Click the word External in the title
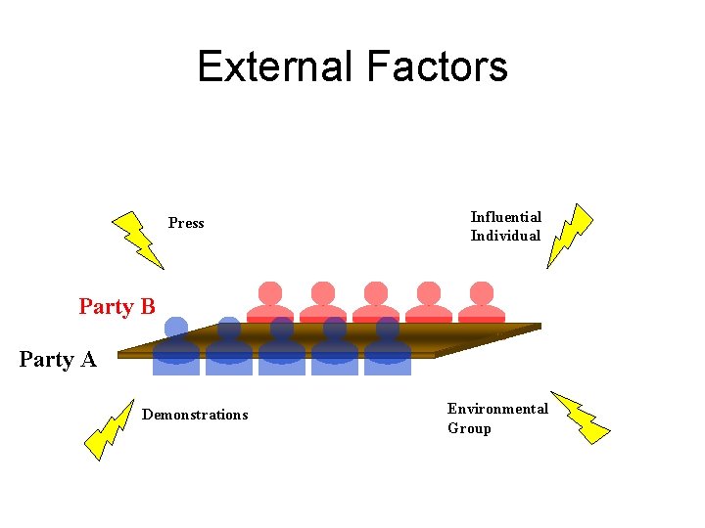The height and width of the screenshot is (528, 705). (x=275, y=66)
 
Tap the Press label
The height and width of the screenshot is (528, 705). (x=186, y=223)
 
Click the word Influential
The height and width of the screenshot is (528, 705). (x=505, y=217)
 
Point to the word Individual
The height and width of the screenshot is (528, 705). (x=505, y=236)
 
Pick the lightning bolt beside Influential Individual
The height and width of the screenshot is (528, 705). (x=570, y=236)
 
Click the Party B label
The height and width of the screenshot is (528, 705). (x=117, y=307)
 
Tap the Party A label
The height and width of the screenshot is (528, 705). (x=58, y=360)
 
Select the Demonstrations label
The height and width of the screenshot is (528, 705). (x=195, y=415)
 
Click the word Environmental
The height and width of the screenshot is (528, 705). (x=497, y=409)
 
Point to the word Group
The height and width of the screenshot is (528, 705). (x=469, y=428)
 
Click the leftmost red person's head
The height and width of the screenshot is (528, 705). (x=270, y=292)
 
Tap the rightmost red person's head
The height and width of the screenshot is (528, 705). (x=482, y=292)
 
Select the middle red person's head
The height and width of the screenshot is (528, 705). (x=376, y=292)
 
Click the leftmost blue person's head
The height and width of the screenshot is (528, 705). (x=176, y=328)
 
